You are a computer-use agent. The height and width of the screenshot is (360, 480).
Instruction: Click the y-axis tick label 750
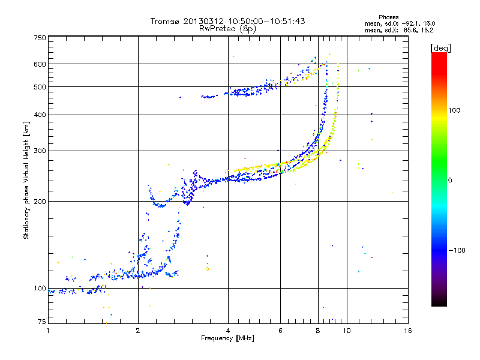pyautogui.click(x=40, y=38)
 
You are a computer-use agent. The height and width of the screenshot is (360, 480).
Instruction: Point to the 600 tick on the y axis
pyautogui.click(x=40, y=64)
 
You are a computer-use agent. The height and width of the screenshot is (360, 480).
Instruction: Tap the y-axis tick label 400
pyautogui.click(x=40, y=115)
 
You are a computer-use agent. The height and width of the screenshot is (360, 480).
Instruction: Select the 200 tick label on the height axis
pyautogui.click(x=40, y=202)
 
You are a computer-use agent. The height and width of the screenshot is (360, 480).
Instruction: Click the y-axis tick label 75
pyautogui.click(x=42, y=322)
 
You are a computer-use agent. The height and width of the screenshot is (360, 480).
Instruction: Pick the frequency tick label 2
pyautogui.click(x=138, y=331)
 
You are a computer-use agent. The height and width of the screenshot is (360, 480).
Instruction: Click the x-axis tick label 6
pyautogui.click(x=280, y=331)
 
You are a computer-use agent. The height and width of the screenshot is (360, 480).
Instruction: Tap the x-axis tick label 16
pyautogui.click(x=408, y=331)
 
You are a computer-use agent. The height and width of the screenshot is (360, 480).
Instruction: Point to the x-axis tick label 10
pyautogui.click(x=347, y=331)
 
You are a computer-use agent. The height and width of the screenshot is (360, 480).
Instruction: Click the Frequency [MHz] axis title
pyautogui.click(x=227, y=338)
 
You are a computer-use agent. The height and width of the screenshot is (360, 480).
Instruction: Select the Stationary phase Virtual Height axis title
pyautogui.click(x=26, y=181)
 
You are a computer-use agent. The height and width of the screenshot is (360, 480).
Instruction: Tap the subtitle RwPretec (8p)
pyautogui.click(x=227, y=29)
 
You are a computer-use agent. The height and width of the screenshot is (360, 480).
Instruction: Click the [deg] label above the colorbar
pyautogui.click(x=440, y=49)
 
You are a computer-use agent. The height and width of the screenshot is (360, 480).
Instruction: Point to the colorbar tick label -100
pyautogui.click(x=457, y=250)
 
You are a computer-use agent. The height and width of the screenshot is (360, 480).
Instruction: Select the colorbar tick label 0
pyautogui.click(x=450, y=181)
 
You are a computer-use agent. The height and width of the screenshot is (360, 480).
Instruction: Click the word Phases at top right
pyautogui.click(x=388, y=17)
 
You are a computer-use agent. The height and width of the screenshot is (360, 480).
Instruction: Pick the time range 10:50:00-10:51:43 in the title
pyautogui.click(x=266, y=22)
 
